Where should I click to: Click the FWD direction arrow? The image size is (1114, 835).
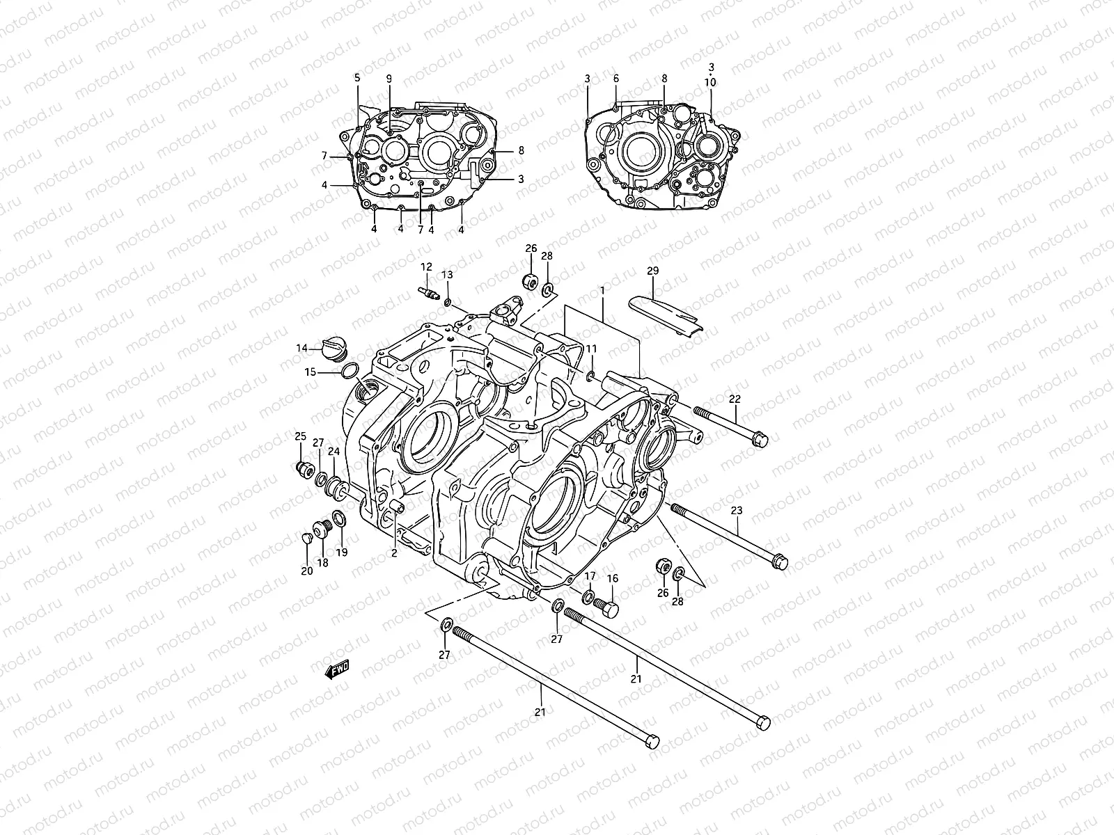[x=337, y=669]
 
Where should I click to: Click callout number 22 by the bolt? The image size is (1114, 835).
[x=735, y=399]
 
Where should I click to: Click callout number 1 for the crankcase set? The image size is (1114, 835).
[x=602, y=288]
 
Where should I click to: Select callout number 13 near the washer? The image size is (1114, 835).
[x=446, y=275]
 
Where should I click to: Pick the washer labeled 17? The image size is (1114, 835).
[x=588, y=596]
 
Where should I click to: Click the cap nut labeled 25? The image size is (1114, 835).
[x=304, y=470]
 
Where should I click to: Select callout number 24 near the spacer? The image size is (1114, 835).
[x=334, y=452]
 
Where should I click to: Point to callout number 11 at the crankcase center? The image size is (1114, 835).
[x=591, y=349]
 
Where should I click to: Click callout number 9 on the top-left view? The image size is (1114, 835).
[x=389, y=79]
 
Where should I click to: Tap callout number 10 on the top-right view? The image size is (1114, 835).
[x=710, y=82]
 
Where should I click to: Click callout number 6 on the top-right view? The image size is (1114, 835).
[x=616, y=79]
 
